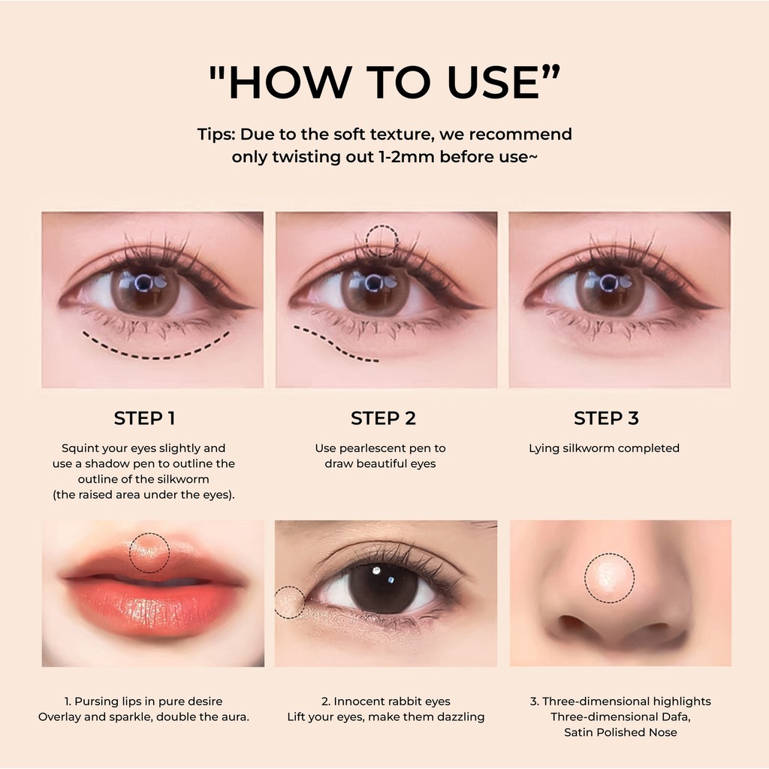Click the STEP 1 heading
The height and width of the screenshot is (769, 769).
144,418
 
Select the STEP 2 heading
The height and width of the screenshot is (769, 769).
383,418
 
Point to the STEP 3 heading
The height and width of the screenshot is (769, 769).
606,418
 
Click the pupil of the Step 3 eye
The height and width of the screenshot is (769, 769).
608,283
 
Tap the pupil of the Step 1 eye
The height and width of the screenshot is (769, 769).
143,283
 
